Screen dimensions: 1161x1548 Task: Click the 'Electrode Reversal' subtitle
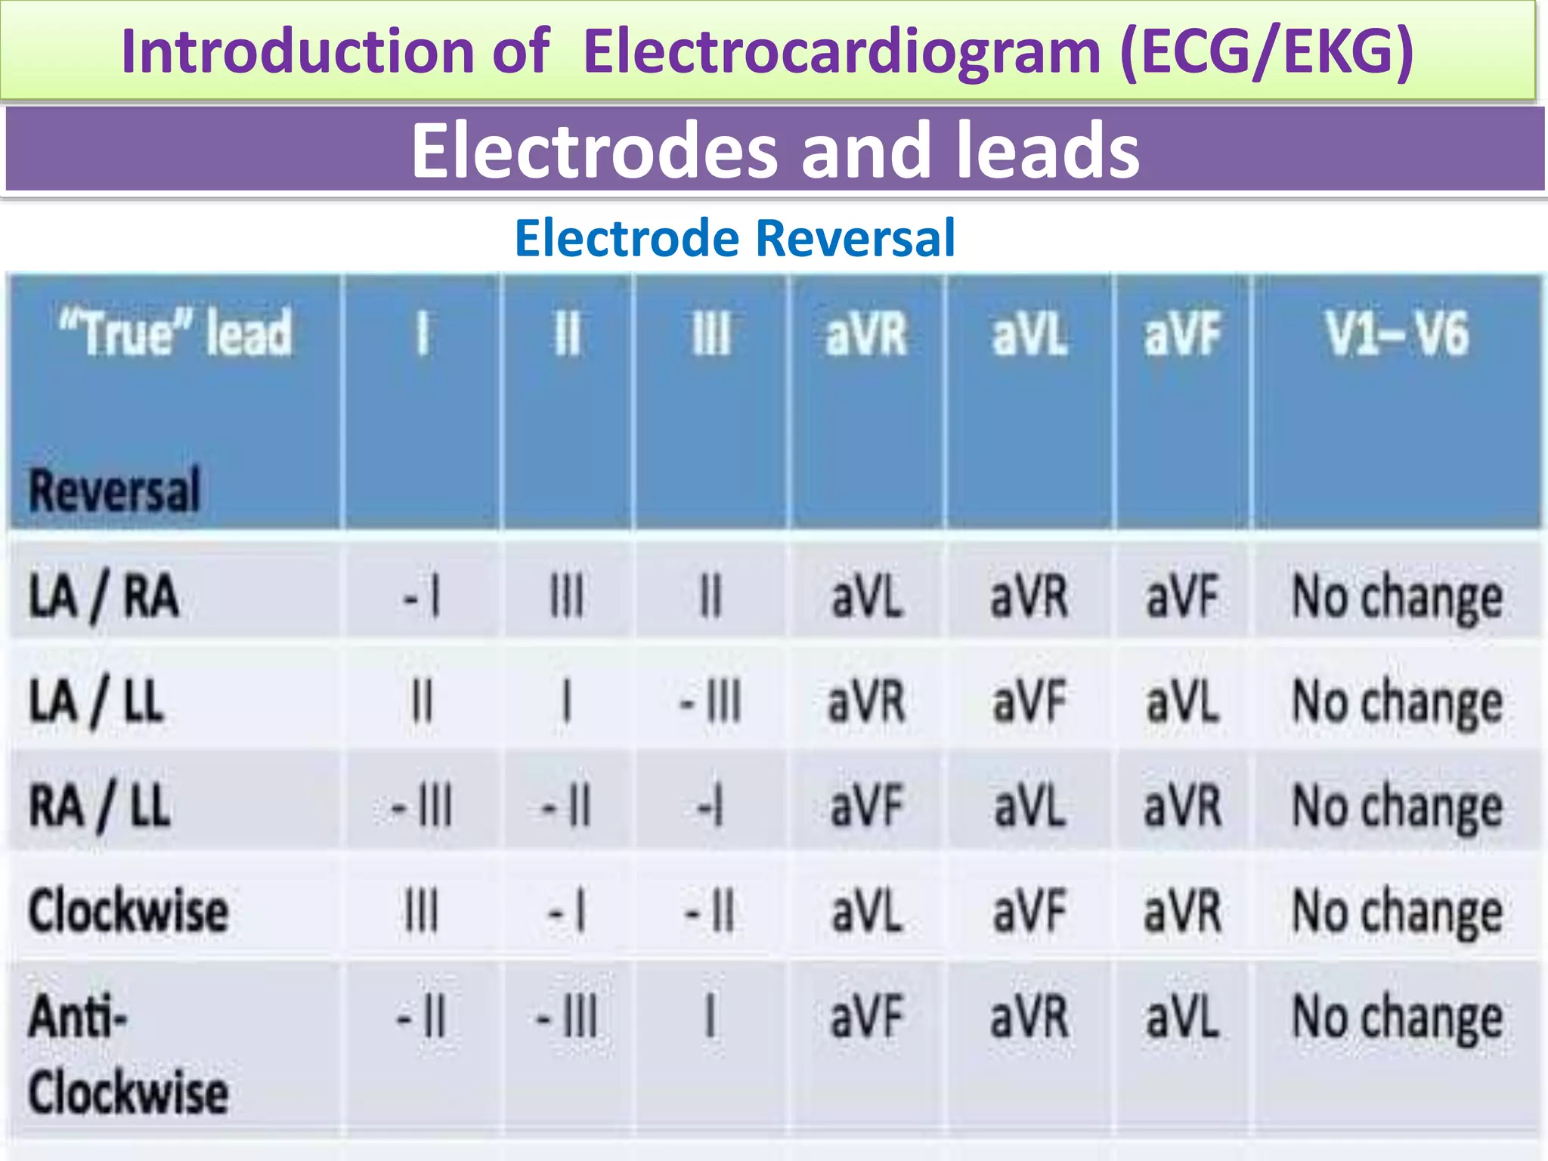[735, 238]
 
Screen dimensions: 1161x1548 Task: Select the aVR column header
[866, 334]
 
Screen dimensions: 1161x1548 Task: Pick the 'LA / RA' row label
[104, 596]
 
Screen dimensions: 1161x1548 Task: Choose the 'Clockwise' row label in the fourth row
[128, 910]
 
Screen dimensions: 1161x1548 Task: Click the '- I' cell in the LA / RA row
[421, 596]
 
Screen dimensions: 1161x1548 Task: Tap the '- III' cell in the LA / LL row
[711, 702]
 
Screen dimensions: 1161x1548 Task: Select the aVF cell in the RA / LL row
[866, 806]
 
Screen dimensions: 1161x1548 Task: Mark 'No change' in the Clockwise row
[1397, 912]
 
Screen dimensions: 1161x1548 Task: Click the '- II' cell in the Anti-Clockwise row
[421, 1017]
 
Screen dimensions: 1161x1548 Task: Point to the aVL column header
[1029, 334]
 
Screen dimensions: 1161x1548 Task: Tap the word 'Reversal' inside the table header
[114, 490]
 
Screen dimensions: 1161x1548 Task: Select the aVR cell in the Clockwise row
[1182, 911]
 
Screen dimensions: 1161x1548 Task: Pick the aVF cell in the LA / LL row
[1029, 702]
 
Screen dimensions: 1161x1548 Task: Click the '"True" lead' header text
[175, 333]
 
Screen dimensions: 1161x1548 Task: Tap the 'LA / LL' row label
[96, 702]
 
